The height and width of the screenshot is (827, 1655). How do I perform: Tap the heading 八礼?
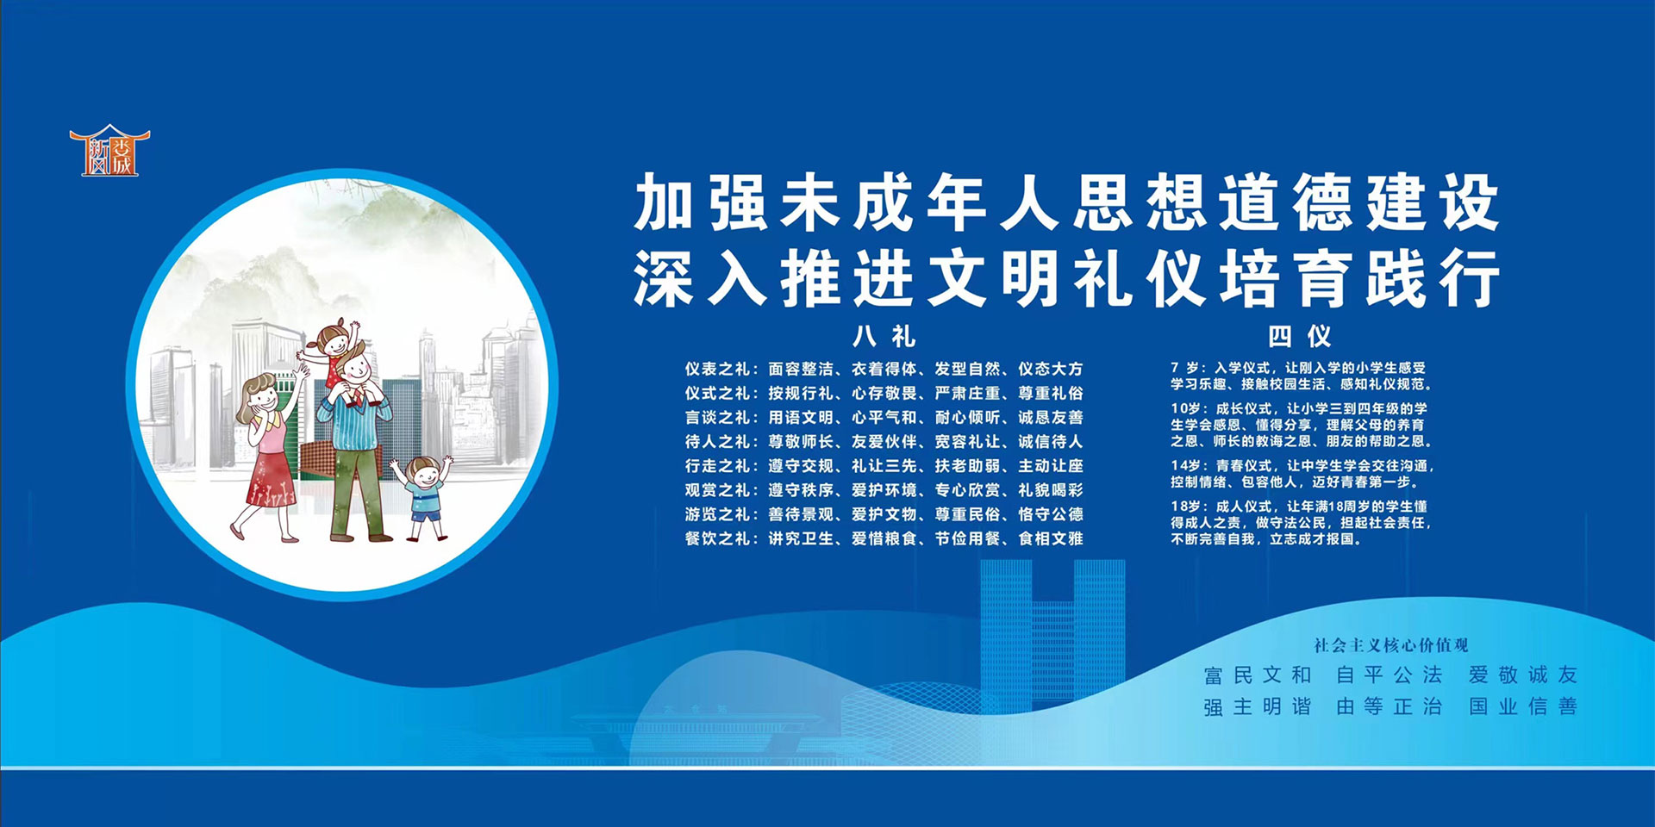884,335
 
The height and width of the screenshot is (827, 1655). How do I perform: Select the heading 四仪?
1299,335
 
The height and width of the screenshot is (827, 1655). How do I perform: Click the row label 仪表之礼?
717,369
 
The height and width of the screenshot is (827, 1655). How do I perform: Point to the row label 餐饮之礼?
717,538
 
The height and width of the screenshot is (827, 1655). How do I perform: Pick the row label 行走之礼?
717,466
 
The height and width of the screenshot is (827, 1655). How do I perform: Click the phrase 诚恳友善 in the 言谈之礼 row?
1051,418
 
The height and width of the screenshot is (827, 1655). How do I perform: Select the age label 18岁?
1185,507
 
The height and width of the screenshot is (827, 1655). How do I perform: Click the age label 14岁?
1185,466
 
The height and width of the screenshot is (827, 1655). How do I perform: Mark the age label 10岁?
1185,408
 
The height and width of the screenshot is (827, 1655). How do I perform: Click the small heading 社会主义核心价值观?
1390,645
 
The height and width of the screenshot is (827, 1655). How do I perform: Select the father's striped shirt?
354,422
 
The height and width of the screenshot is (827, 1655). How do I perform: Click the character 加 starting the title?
665,202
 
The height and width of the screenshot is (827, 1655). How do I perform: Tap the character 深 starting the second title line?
665,277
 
